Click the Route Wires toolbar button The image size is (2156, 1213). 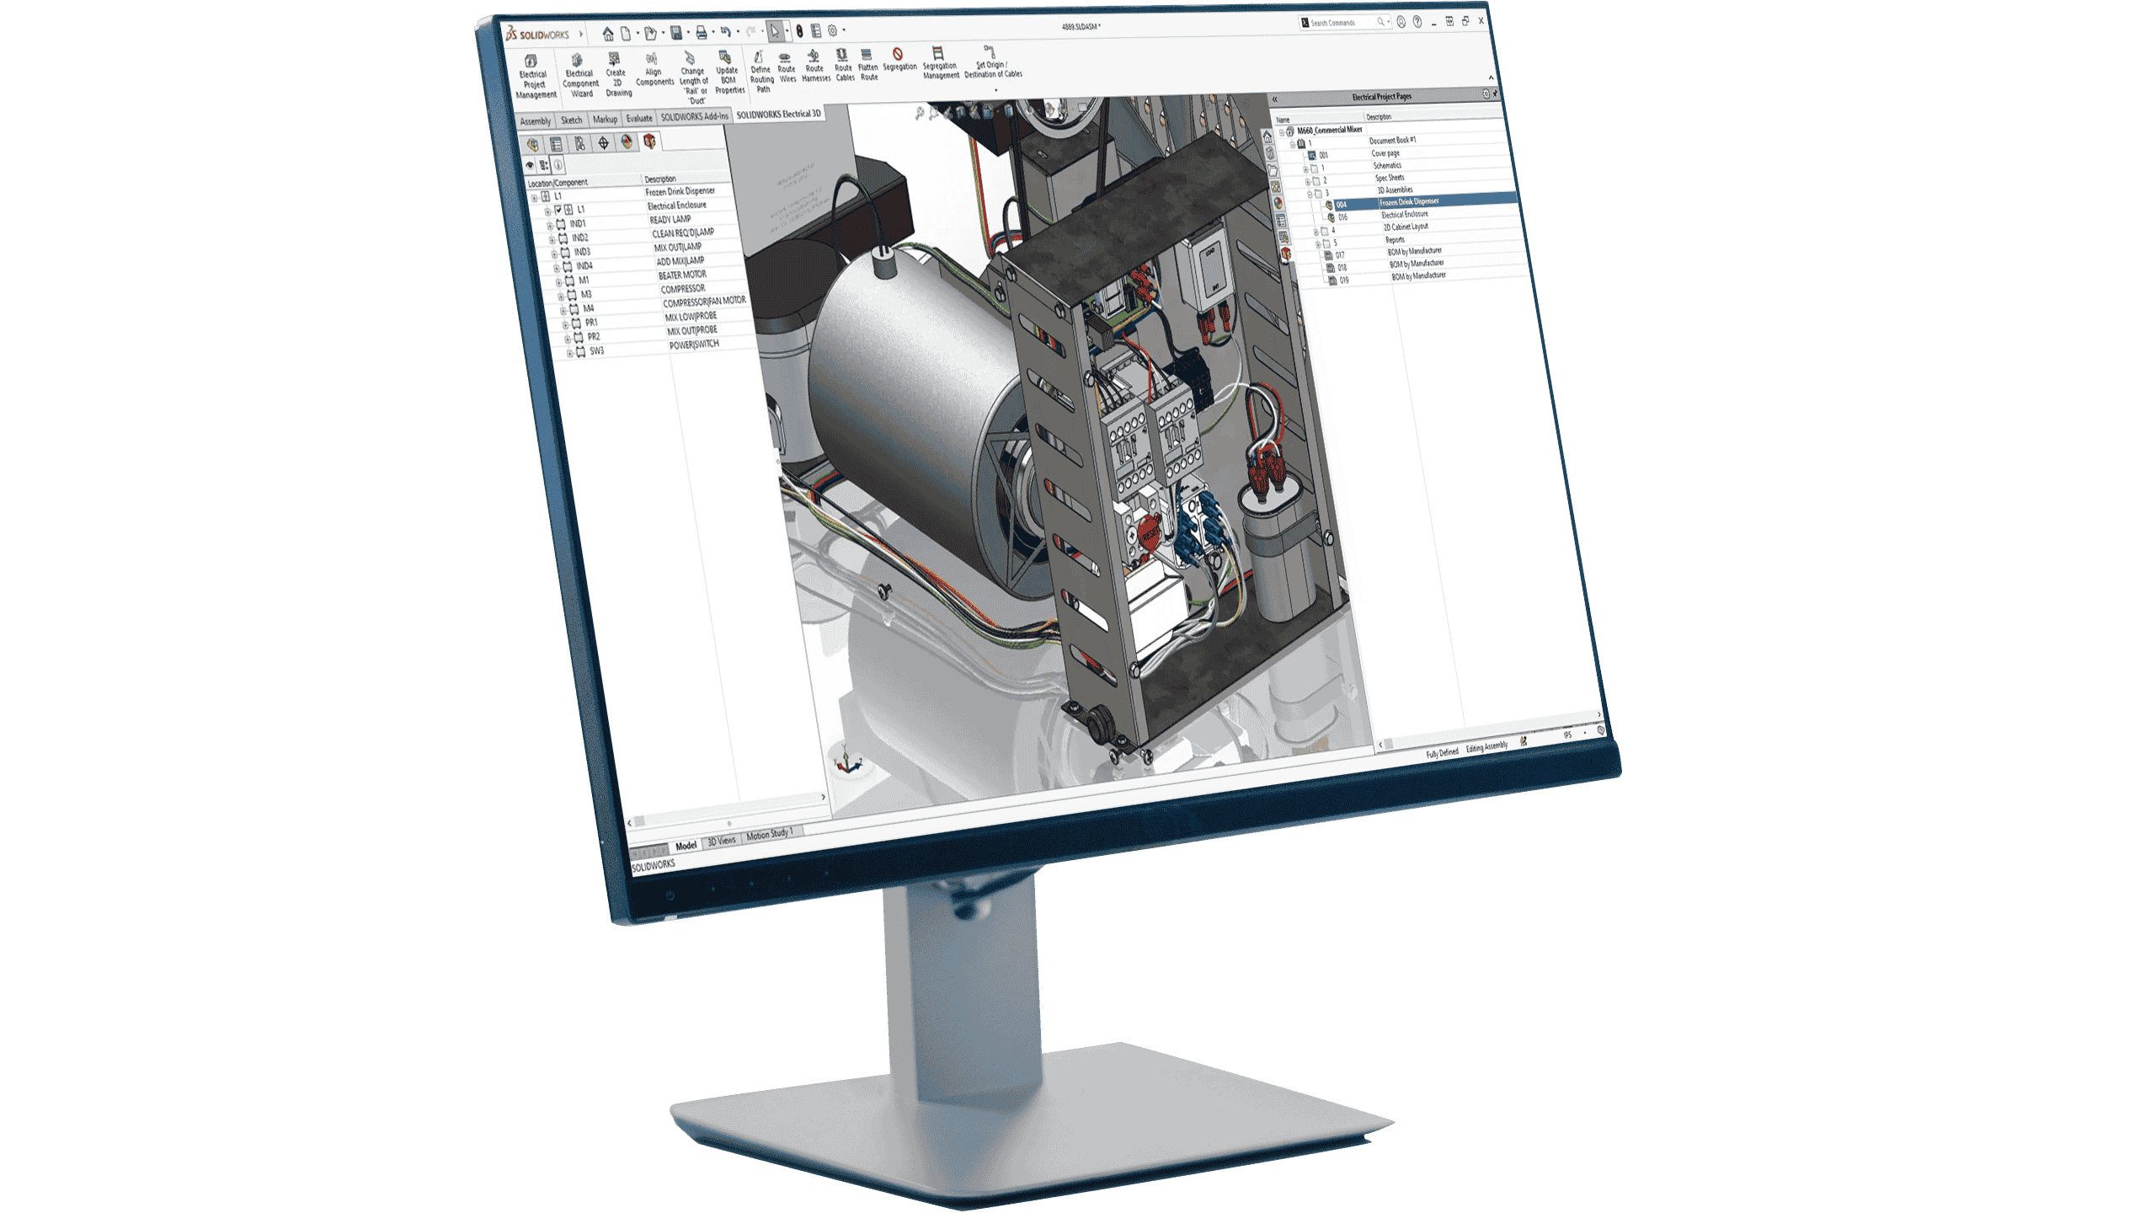click(x=786, y=68)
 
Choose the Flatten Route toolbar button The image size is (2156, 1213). click(x=867, y=66)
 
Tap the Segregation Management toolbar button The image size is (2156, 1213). click(x=939, y=63)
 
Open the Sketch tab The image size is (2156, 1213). click(x=571, y=120)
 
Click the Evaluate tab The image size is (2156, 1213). click(x=638, y=119)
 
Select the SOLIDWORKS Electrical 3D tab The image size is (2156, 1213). click(x=777, y=114)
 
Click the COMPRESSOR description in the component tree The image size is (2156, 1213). click(x=682, y=289)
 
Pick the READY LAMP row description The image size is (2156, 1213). click(x=670, y=219)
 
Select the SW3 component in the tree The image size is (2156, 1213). click(x=596, y=351)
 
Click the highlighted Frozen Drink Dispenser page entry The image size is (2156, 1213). click(x=1408, y=202)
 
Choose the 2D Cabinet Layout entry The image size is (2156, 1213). click(x=1405, y=227)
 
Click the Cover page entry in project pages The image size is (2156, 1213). click(x=1385, y=153)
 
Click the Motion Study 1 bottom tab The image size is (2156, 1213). click(x=768, y=835)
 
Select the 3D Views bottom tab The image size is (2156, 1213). click(x=721, y=841)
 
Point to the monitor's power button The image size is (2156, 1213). click(x=670, y=895)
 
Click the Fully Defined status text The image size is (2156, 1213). click(x=1441, y=753)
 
